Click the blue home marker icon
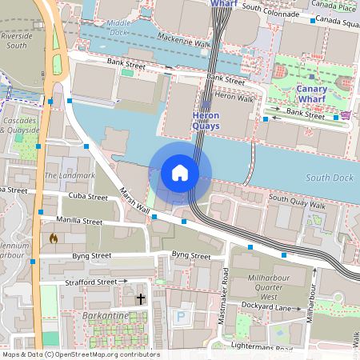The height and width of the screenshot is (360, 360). tap(180, 172)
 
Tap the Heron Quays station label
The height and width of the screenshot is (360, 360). tap(206, 120)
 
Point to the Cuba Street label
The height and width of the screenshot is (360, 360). tap(86, 197)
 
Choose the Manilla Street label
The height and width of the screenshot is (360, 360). tap(80, 221)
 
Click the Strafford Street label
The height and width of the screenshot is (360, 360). tap(90, 282)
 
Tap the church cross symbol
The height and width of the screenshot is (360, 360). tap(141, 299)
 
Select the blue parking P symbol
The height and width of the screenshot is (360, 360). tap(180, 317)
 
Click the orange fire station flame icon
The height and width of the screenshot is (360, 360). tap(54, 238)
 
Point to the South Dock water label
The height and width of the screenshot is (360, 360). tap(329, 178)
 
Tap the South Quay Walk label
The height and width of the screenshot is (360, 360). tap(298, 202)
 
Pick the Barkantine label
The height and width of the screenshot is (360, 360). tap(106, 316)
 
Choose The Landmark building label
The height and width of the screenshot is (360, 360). tap(70, 175)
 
